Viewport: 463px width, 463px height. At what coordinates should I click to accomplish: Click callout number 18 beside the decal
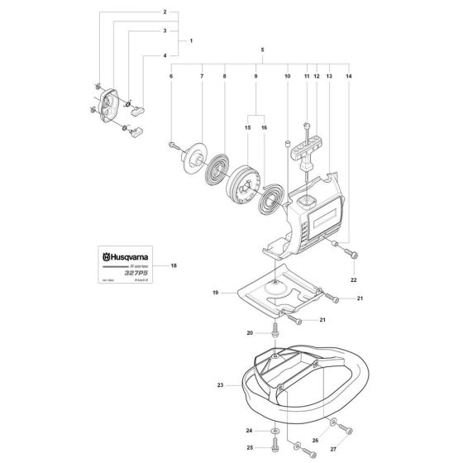pos(174,266)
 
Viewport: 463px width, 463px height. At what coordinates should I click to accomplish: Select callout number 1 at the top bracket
pos(191,40)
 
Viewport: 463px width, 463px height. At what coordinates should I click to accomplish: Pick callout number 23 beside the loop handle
pos(219,384)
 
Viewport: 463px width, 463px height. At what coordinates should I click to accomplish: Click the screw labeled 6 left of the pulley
pos(174,146)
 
